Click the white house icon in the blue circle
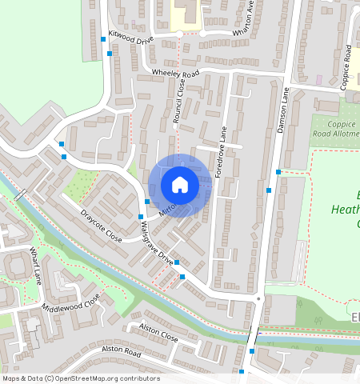click(180, 185)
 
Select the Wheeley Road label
click(175, 74)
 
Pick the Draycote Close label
click(101, 226)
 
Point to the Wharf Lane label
click(36, 266)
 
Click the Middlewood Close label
click(72, 302)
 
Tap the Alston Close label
click(158, 333)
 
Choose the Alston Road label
click(122, 352)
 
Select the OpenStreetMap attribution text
click(80, 378)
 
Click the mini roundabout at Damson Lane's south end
click(258, 299)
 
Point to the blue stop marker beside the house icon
click(148, 201)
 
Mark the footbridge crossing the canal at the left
click(19, 194)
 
